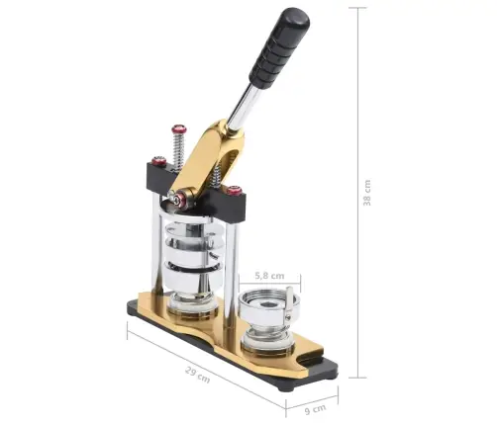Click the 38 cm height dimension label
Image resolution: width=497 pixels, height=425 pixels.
[367, 193]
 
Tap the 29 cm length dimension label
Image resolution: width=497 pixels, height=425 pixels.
[197, 375]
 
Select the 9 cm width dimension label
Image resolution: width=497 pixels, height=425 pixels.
[315, 409]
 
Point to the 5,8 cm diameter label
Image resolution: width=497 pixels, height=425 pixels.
[269, 276]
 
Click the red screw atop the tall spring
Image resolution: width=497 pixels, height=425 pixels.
[178, 128]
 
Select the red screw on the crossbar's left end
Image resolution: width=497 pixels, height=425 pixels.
[158, 160]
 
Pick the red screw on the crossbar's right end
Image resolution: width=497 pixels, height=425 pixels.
[234, 190]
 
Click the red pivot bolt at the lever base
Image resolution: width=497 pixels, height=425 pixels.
[179, 200]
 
